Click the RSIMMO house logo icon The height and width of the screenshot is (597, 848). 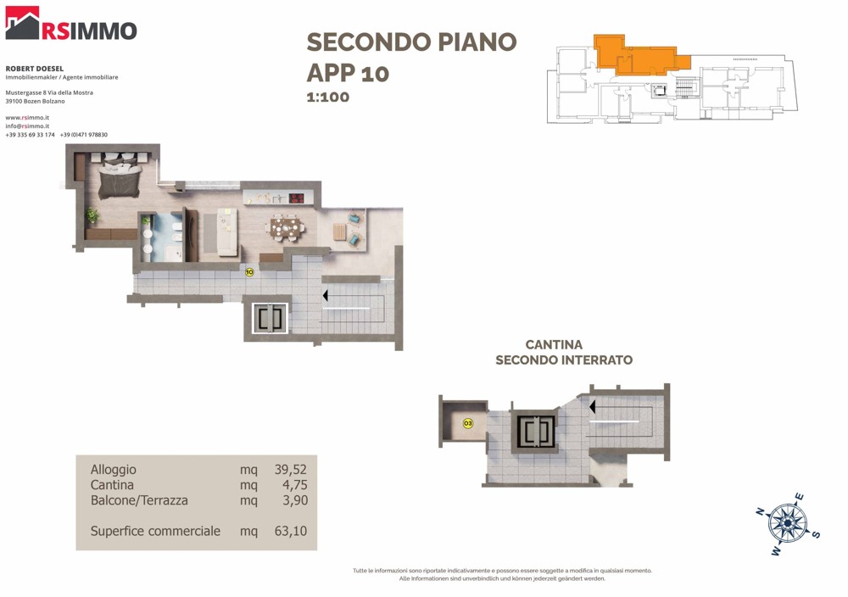tap(22, 23)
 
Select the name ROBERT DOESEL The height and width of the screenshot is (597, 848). tap(35, 69)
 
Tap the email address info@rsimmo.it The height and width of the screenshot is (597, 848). tap(27, 126)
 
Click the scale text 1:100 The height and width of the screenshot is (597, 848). tap(327, 98)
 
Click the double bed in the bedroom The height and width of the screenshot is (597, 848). tap(120, 177)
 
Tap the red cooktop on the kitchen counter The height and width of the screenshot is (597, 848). tap(296, 198)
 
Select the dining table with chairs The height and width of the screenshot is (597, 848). tap(284, 226)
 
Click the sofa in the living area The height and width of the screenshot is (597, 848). tap(227, 232)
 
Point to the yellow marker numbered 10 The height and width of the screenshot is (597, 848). tap(249, 272)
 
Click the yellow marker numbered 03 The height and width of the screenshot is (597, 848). tap(468, 423)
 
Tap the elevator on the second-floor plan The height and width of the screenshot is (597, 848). tap(270, 319)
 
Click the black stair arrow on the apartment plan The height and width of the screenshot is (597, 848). tap(326, 296)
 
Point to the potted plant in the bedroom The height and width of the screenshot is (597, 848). tap(92, 215)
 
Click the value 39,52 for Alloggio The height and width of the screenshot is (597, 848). tap(290, 470)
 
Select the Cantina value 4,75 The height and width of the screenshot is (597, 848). tap(295, 484)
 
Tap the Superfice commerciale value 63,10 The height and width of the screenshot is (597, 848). tap(290, 531)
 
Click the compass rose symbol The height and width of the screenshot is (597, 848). tap(788, 523)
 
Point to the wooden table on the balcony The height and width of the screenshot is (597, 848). tap(339, 232)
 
